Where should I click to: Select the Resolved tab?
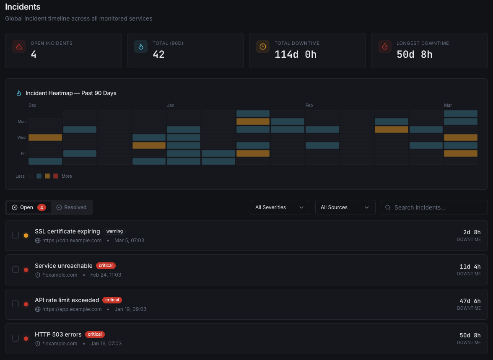[71, 207]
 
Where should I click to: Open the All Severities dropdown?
[280, 207]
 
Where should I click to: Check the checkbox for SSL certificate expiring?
[16, 235]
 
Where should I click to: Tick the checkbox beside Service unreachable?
[16, 269]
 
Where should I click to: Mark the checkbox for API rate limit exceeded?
[16, 304]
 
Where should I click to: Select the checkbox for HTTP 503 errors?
[16, 338]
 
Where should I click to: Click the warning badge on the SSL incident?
[114, 231]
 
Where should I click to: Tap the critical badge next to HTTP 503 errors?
[95, 334]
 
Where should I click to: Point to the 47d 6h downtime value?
[470, 301]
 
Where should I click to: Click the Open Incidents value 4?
[34, 54]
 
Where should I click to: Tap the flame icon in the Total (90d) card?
[141, 47]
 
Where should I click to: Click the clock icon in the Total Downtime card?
[263, 47]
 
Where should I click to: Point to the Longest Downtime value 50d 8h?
[414, 54]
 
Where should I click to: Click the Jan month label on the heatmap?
[171, 105]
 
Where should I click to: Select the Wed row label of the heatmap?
[21, 137]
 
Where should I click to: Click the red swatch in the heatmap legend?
[56, 176]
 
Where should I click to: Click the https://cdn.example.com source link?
[72, 241]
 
